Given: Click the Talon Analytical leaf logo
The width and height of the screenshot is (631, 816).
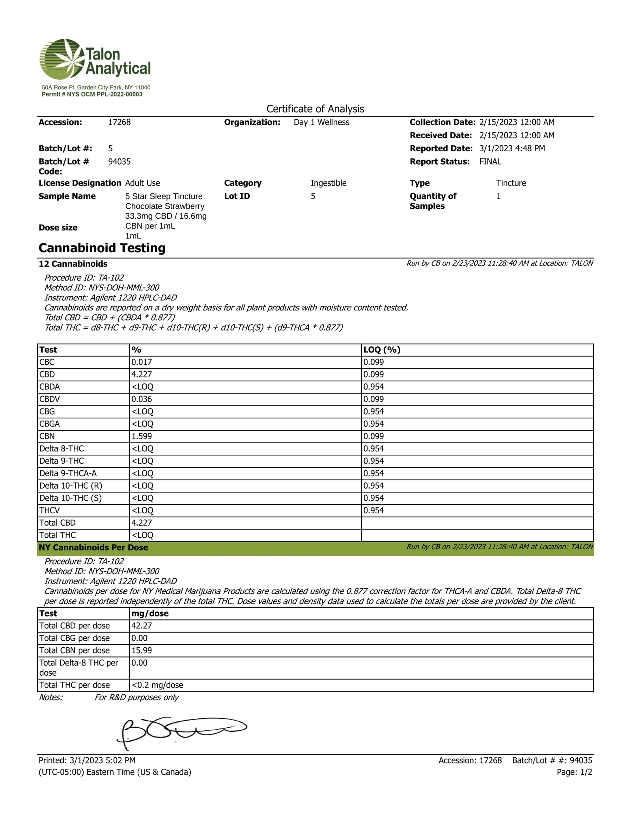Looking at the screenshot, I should click(x=62, y=59).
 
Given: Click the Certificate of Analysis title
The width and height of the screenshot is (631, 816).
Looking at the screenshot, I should click(x=315, y=109).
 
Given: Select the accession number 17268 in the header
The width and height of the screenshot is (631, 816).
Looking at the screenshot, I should click(x=119, y=122).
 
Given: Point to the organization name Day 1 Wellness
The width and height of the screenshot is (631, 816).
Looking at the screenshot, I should click(x=321, y=122).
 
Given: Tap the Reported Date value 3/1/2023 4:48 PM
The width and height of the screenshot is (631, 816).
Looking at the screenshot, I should click(x=512, y=148).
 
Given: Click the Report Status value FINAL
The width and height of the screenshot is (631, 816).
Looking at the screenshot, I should click(x=490, y=162).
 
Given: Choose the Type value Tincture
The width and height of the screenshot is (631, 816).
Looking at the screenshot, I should click(x=511, y=183).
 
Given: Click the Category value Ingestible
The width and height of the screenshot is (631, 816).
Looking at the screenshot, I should click(x=328, y=183).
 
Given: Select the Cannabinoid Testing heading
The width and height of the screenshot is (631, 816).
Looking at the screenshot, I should click(x=102, y=248).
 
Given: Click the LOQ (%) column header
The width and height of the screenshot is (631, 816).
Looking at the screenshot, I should click(x=382, y=349).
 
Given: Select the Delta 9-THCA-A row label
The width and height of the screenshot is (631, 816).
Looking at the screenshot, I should click(x=68, y=473).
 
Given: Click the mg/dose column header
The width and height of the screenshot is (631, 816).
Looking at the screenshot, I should click(x=150, y=613).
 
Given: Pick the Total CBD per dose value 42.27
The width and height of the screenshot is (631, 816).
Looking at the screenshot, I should click(x=142, y=626).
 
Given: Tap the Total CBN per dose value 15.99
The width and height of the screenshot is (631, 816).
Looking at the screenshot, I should click(x=142, y=650).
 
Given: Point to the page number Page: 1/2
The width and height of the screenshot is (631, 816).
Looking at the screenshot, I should click(x=574, y=772).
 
